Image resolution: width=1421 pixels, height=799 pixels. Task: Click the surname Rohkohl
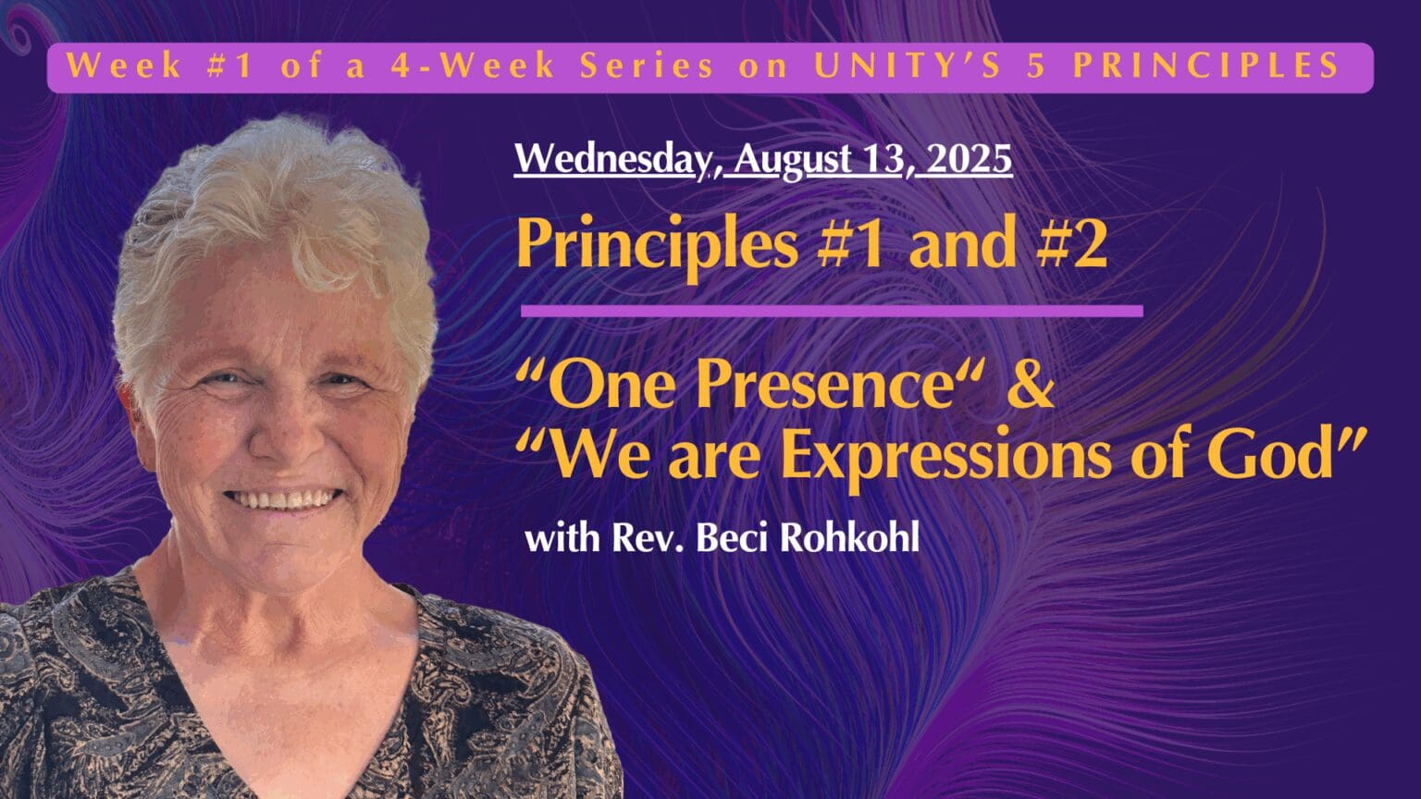[x=851, y=538]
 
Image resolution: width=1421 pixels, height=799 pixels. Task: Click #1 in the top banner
[x=230, y=66]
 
